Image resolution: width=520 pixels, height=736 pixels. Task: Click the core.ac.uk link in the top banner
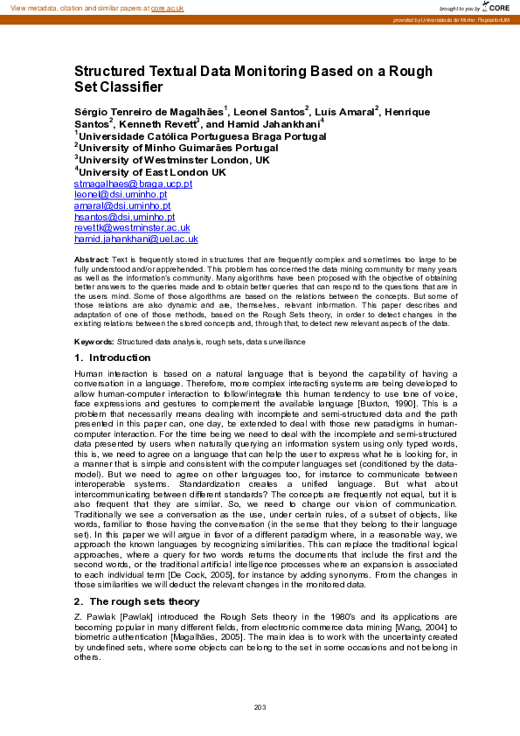coord(168,8)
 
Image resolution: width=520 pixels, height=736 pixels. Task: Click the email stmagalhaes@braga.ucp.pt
coord(133,184)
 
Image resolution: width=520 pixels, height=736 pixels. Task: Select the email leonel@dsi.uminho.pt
coord(121,195)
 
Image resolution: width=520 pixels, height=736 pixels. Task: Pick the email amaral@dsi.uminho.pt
coord(121,206)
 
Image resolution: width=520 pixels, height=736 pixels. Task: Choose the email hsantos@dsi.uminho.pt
coord(124,217)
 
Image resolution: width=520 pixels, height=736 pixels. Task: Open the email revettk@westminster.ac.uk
coord(132,227)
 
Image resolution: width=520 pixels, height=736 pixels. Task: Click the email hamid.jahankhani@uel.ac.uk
coord(136,239)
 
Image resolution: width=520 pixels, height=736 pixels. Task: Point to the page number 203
coord(260,706)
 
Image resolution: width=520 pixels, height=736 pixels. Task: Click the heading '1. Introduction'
coord(113,358)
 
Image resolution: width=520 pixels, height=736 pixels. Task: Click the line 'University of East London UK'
coord(150,172)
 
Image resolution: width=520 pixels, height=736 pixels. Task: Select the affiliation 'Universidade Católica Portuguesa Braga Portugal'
coord(190,135)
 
